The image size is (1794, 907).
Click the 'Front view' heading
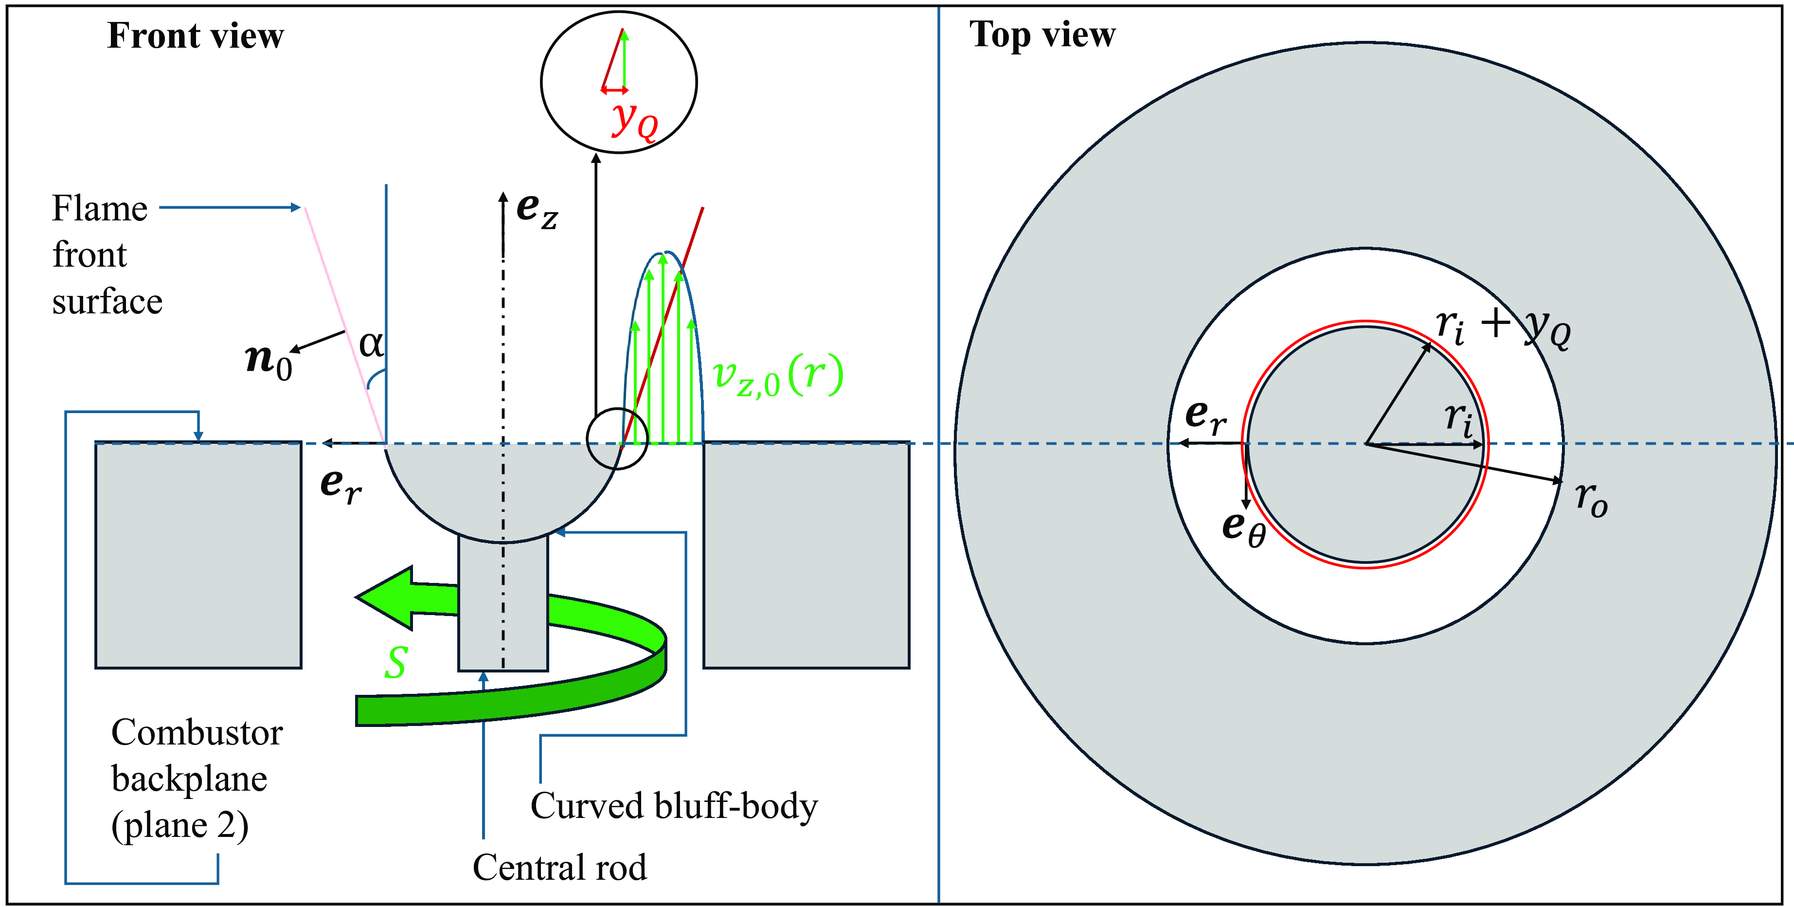tap(196, 36)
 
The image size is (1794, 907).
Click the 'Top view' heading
tap(1042, 35)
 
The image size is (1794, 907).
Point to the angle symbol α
tap(371, 344)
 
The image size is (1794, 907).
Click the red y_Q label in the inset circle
tap(634, 122)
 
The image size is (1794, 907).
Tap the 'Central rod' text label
tap(560, 867)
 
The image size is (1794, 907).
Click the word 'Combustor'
tap(197, 733)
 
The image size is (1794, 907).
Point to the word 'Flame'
tap(100, 208)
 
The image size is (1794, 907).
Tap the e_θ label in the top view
tap(1244, 529)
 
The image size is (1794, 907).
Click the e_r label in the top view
tap(1205, 417)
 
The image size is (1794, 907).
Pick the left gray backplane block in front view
tap(198, 555)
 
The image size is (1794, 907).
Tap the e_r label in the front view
tap(341, 486)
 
